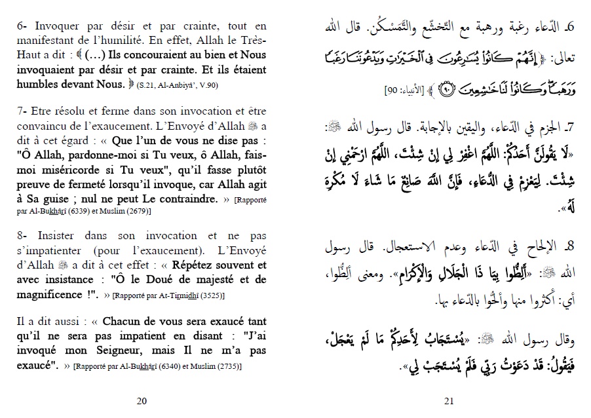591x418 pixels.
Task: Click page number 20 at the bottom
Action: coord(142,402)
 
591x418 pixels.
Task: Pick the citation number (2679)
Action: coord(135,211)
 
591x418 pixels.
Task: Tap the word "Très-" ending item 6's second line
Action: coord(252,41)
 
